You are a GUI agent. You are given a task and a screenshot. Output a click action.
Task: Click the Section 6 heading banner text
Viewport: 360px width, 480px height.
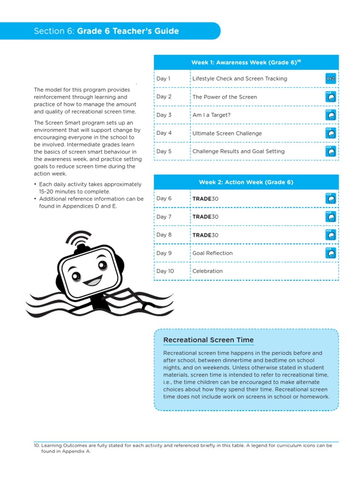pos(106,31)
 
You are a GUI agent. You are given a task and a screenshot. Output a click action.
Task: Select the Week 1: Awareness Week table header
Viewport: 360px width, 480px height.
pos(246,62)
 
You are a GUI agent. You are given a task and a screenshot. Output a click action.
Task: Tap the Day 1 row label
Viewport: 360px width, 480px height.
pos(164,79)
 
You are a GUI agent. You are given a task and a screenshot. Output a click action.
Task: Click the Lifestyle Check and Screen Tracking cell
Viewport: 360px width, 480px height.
pos(240,79)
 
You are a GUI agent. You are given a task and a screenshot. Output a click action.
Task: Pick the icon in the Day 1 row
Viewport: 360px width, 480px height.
pos(330,79)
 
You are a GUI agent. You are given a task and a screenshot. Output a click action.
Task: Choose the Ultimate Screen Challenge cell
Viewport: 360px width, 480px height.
pos(227,133)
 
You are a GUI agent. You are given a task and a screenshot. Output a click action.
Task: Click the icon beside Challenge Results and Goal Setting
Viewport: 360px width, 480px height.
pos(330,151)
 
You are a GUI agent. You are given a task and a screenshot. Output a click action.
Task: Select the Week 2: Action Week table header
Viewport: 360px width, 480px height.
pos(246,182)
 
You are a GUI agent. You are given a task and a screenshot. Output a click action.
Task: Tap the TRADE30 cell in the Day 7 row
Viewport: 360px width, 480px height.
pos(206,217)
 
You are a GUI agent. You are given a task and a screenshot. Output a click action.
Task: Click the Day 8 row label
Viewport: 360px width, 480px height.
pos(164,235)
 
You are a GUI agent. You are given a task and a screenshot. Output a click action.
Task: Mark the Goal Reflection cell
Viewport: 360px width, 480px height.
pos(212,253)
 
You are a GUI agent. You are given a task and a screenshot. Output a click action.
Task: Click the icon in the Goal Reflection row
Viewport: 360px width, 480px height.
pos(330,253)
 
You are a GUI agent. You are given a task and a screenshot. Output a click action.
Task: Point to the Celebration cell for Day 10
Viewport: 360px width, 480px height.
pos(208,271)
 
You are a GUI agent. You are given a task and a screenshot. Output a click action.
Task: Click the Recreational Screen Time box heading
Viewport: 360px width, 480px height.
pos(208,340)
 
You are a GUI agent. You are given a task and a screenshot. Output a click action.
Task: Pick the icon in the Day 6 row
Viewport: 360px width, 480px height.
pos(330,199)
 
